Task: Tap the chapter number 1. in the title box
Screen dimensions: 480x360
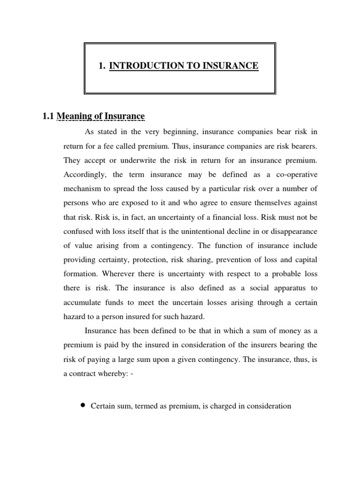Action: click(102, 66)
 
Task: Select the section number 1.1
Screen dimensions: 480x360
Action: click(48, 116)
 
